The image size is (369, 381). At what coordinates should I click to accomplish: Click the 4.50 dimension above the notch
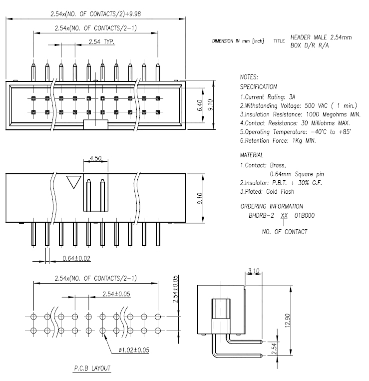pos(95,158)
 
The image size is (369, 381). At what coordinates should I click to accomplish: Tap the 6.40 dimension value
pos(200,105)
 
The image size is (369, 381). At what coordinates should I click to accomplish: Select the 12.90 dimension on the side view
pos(288,321)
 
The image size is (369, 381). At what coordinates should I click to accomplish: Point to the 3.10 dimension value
pos(254,271)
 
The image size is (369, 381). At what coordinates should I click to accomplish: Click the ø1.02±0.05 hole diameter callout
pos(134,350)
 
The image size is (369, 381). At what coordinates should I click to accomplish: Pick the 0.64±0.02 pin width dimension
pos(76,258)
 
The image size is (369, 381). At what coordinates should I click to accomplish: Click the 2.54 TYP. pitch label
pos(101,42)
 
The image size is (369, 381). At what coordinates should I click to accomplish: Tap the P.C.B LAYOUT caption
pos(92,368)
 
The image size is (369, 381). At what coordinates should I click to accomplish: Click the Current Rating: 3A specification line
pos(268,97)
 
